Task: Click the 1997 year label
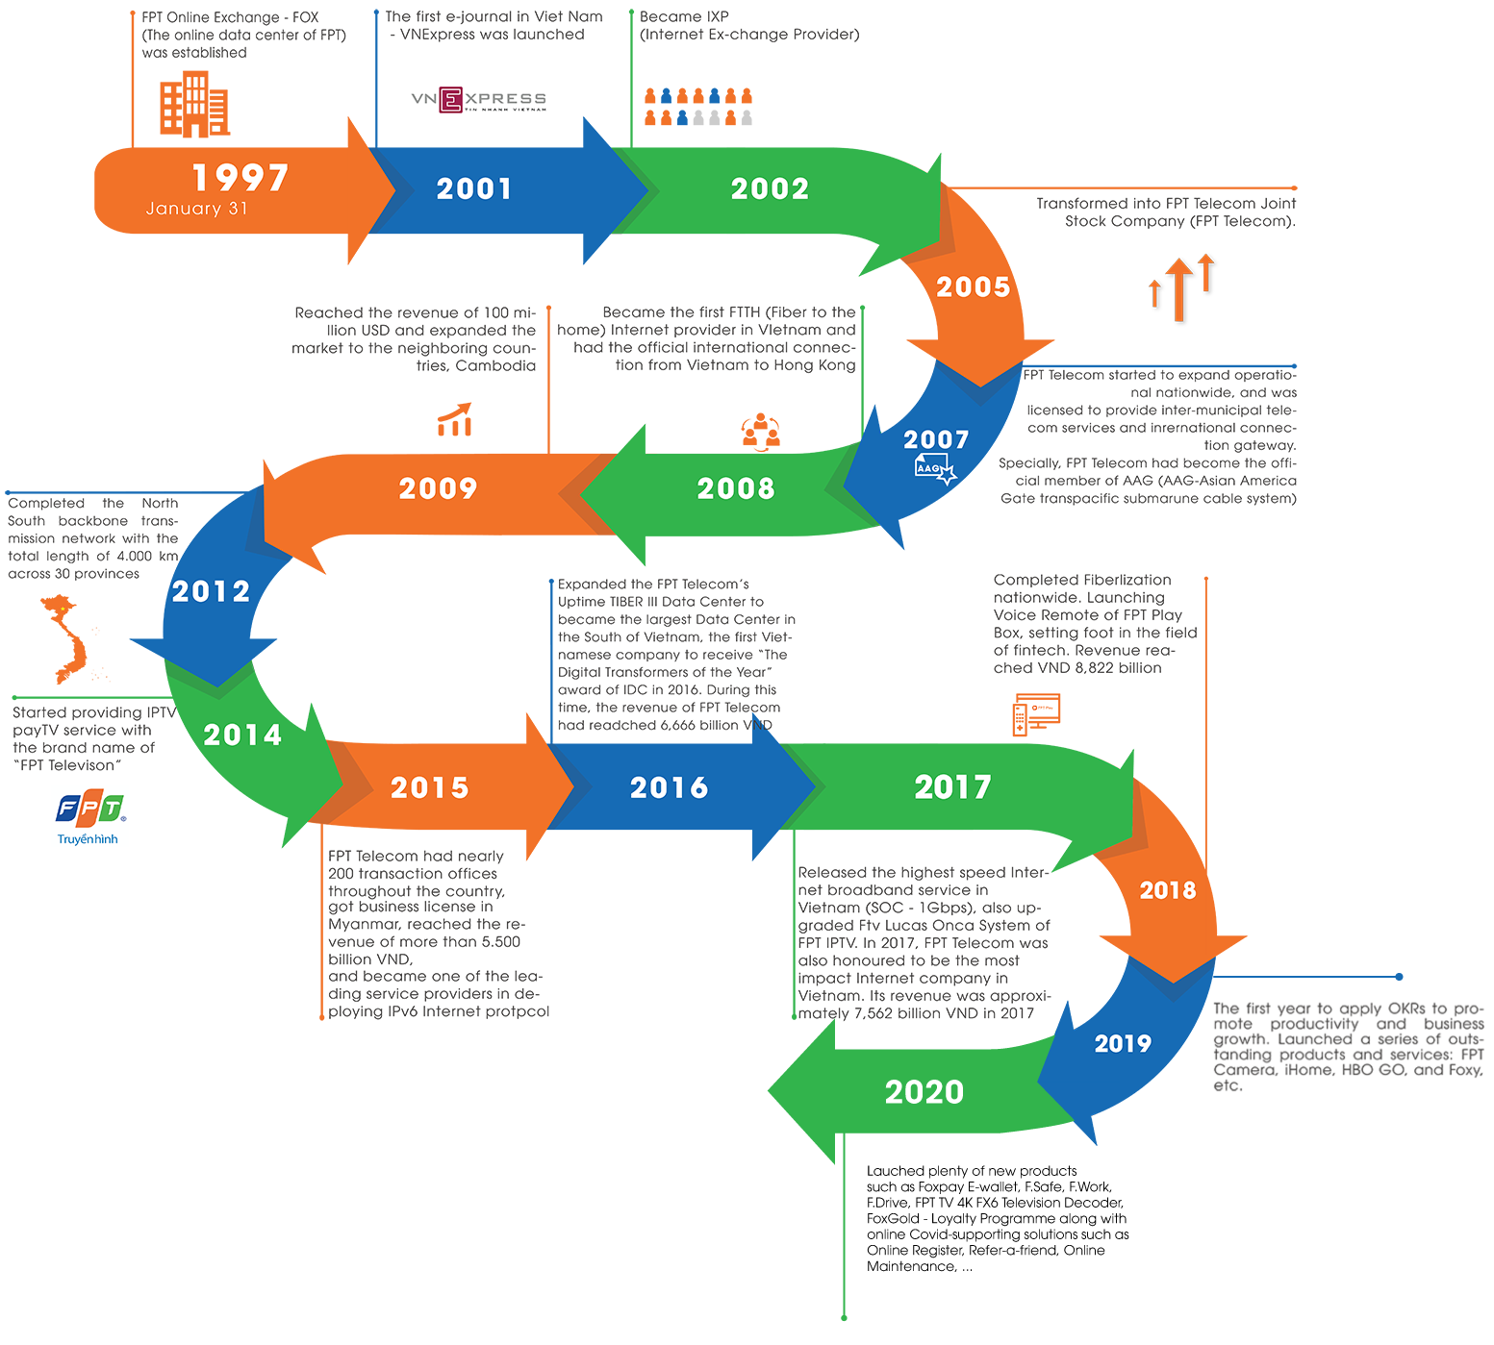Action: pos(241,178)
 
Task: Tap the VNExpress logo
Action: pos(478,100)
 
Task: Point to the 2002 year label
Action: pos(770,188)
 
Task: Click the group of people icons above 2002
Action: pos(698,107)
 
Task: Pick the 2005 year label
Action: pos(973,286)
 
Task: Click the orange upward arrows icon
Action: pos(1180,288)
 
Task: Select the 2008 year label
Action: pos(736,488)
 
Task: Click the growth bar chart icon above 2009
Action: pos(455,421)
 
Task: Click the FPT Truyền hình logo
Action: pos(89,816)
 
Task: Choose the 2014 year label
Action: pos(242,735)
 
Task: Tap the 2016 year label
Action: pos(669,788)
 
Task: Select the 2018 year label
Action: pos(1168,890)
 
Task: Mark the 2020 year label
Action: pos(924,1092)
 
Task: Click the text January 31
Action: pos(196,209)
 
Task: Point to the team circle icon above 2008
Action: pos(760,433)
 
